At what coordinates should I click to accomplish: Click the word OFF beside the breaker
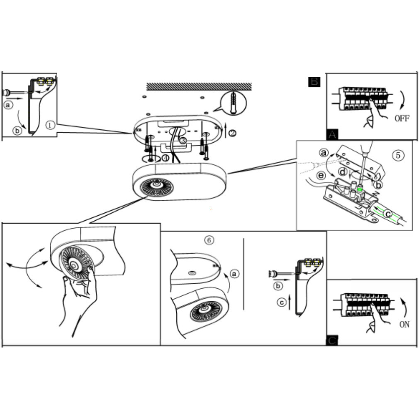click(x=402, y=118)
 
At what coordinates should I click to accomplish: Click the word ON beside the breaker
click(x=404, y=324)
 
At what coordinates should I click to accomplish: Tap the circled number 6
click(x=209, y=240)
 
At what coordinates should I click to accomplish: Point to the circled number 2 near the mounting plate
click(x=232, y=133)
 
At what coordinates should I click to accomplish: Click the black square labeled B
click(x=314, y=82)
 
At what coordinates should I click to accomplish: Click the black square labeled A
click(x=332, y=134)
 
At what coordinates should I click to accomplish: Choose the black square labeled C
click(x=332, y=340)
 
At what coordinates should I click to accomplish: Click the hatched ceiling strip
click(x=199, y=86)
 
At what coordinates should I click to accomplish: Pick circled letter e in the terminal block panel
click(x=322, y=175)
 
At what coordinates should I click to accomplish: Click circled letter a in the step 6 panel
click(x=234, y=274)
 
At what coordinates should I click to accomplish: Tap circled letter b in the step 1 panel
click(x=17, y=131)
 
